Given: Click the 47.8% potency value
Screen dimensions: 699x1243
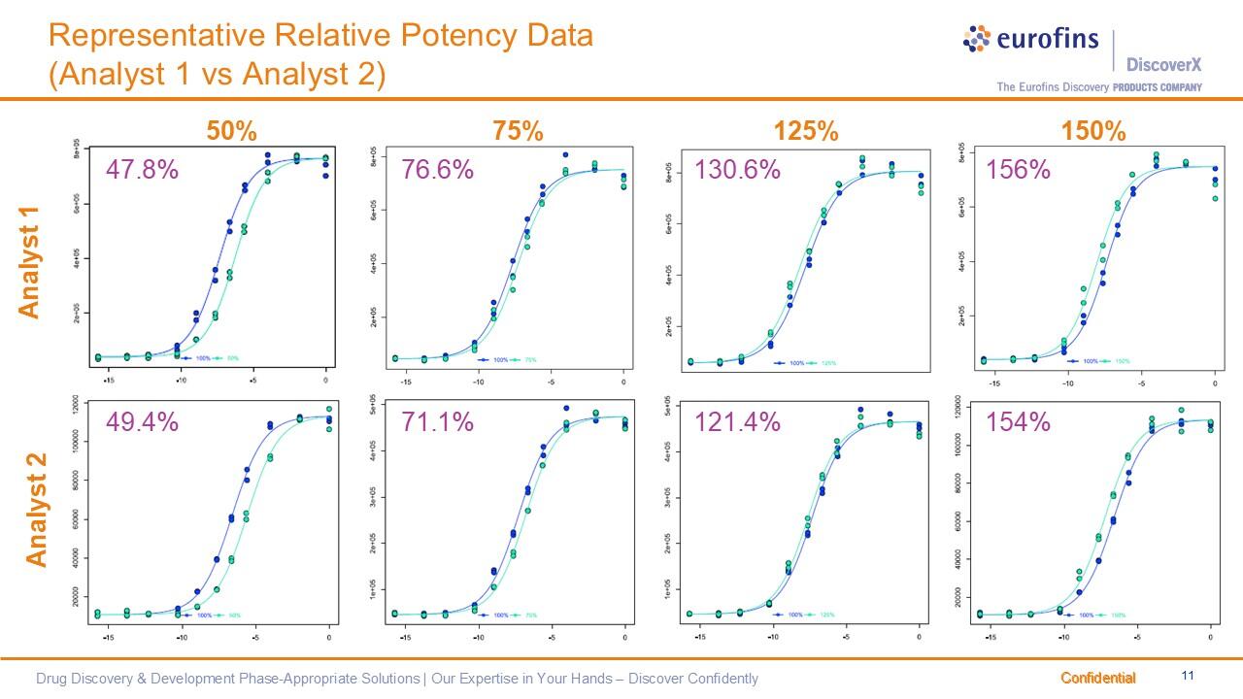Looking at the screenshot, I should (x=142, y=170).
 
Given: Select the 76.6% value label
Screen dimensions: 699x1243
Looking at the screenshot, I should (x=437, y=170).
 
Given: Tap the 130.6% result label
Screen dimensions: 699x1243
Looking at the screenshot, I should (x=737, y=170).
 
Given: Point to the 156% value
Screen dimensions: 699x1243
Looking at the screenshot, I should (x=1018, y=170).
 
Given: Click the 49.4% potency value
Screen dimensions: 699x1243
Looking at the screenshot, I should (x=142, y=422).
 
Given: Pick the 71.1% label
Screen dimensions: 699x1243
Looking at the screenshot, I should (x=437, y=422).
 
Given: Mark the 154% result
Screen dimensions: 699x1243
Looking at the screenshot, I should (x=1018, y=422).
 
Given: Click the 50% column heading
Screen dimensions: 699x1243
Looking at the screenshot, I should (x=231, y=131).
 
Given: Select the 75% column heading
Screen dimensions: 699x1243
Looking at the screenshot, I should (x=518, y=131).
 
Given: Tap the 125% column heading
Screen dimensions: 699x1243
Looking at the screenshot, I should (x=805, y=131).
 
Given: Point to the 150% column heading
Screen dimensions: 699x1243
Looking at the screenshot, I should (x=1093, y=131).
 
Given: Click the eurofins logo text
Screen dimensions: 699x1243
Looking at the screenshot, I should (x=1047, y=39).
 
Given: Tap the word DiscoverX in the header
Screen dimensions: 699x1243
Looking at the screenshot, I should (x=1163, y=65).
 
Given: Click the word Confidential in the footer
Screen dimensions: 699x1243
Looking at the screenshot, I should (x=1097, y=678).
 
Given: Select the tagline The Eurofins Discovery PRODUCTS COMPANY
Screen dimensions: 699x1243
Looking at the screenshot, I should (x=1098, y=87).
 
